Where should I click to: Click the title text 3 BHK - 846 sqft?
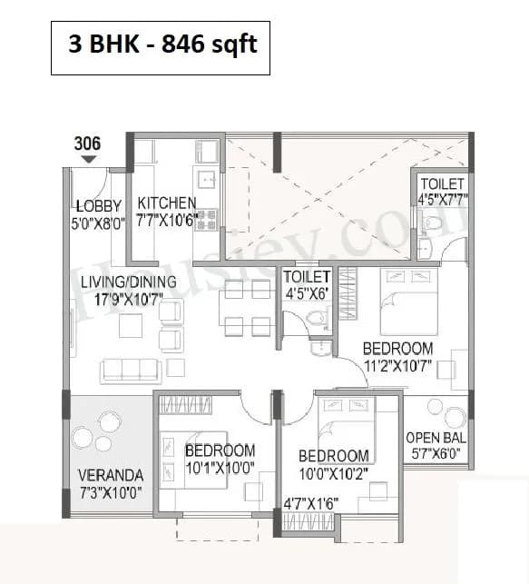coord(161,43)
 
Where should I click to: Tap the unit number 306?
coord(88,144)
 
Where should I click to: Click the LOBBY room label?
coord(99,204)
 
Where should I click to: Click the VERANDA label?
coord(110,474)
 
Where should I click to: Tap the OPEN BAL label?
coord(434,437)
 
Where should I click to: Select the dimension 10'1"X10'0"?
coord(220,468)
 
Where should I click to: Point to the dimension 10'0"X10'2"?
coord(333,473)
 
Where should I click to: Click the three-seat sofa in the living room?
coord(132,369)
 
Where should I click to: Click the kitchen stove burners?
coord(208,219)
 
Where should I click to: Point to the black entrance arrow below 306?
coord(88,159)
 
